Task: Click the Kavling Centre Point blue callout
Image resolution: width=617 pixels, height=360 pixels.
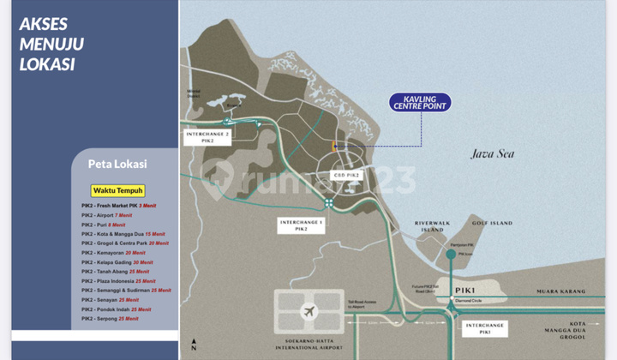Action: point(421,103)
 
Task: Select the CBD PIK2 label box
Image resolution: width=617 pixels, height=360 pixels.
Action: point(347,175)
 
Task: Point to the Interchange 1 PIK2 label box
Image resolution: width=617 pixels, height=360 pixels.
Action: point(302,225)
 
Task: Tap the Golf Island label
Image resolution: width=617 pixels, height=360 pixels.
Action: point(493,223)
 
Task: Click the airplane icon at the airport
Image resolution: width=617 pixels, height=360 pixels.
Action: point(308,309)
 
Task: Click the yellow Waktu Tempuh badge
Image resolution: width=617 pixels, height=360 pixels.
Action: point(118,190)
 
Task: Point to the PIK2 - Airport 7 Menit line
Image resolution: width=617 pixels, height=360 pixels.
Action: point(108,215)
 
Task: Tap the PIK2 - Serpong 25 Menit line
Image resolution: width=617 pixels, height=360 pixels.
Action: point(110,318)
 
